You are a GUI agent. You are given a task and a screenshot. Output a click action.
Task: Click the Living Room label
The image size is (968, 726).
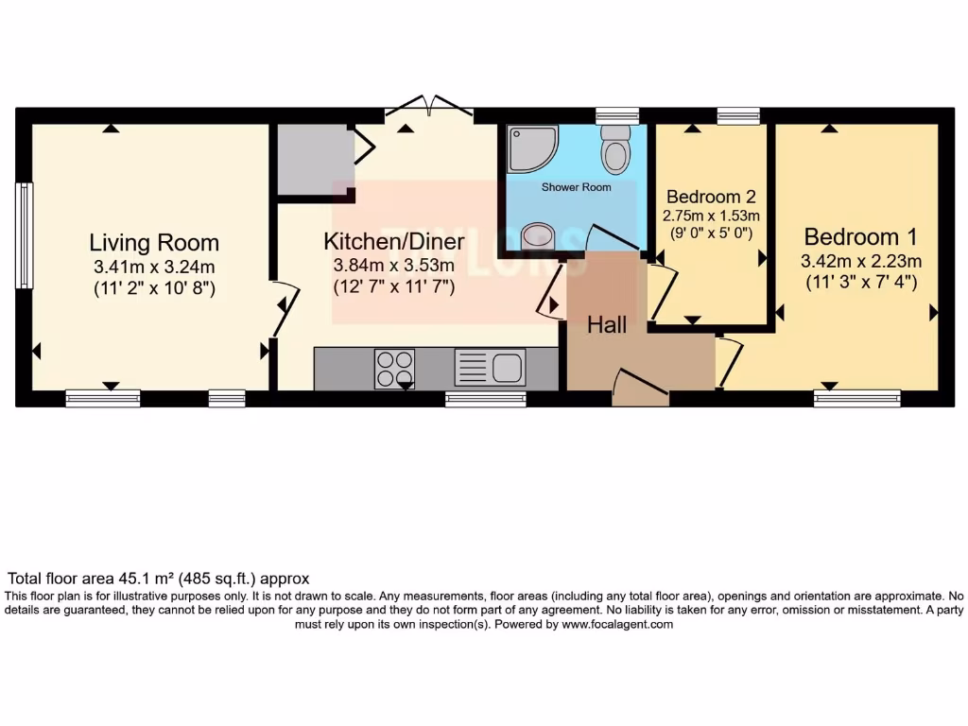pyautogui.click(x=154, y=242)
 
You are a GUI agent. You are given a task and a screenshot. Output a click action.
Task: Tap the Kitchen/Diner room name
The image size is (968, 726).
pyautogui.click(x=394, y=241)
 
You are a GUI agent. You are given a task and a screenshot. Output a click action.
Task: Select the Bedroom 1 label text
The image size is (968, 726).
pyautogui.click(x=860, y=236)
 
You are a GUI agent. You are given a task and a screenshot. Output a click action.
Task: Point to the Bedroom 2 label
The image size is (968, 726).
pyautogui.click(x=711, y=197)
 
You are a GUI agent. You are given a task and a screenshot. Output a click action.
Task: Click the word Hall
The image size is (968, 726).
pyautogui.click(x=607, y=325)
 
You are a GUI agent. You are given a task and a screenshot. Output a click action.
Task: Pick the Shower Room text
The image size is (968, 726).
pyautogui.click(x=576, y=187)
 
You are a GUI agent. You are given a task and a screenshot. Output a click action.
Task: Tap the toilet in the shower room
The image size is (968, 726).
pyautogui.click(x=616, y=148)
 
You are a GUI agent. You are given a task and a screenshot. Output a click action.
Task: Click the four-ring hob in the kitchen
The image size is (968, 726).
pyautogui.click(x=394, y=369)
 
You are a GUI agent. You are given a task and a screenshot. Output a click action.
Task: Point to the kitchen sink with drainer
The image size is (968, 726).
pyautogui.click(x=490, y=368)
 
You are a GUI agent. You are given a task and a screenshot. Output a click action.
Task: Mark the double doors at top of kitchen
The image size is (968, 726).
pyautogui.click(x=430, y=106)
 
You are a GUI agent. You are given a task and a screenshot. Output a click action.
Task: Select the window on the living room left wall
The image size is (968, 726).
pyautogui.click(x=24, y=235)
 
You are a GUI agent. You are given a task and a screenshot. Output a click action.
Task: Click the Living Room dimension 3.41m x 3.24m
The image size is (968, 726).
pyautogui.click(x=154, y=268)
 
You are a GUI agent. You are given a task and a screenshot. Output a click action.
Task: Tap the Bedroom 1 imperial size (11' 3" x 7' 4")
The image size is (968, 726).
pyautogui.click(x=860, y=282)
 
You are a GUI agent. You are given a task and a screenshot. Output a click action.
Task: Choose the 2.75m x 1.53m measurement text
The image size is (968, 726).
pyautogui.click(x=711, y=216)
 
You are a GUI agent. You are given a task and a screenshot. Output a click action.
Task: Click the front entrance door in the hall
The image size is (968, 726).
pyautogui.click(x=640, y=388)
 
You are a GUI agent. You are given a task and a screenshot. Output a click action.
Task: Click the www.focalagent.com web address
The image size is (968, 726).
pyautogui.click(x=617, y=624)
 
